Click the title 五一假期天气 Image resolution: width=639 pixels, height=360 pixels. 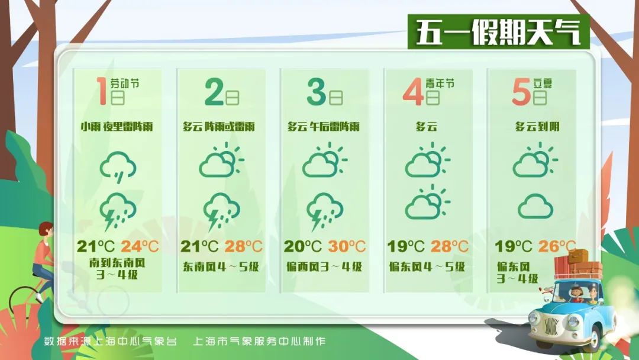tap(498, 33)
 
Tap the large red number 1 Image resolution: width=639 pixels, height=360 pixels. tap(102, 91)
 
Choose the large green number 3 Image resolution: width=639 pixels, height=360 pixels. tap(317, 92)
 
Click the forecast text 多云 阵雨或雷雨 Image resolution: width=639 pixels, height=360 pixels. tap(219, 127)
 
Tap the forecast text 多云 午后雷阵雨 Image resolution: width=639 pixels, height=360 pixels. tap(324, 127)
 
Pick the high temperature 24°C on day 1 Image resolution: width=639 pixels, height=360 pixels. tap(141, 246)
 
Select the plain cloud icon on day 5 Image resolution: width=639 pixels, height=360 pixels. tap(535, 207)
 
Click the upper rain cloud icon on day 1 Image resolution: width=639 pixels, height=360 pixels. tap(118, 166)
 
